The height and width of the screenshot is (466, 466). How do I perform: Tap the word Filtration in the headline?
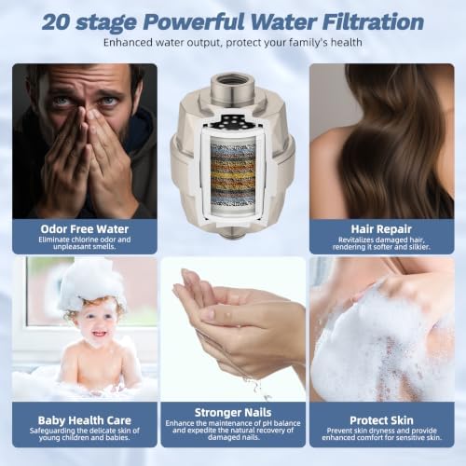pyautogui.click(x=373, y=22)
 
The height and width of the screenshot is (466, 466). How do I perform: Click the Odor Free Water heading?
pyautogui.click(x=85, y=229)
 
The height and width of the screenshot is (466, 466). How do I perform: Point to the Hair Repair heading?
pyautogui.click(x=381, y=229)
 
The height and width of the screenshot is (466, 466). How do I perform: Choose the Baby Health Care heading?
pyautogui.click(x=85, y=420)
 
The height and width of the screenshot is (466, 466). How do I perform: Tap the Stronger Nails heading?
pyautogui.click(x=233, y=412)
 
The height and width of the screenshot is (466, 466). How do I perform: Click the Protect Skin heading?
pyautogui.click(x=381, y=420)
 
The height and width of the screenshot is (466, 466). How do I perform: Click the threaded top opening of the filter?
pyautogui.click(x=232, y=82)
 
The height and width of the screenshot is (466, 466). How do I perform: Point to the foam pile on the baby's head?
pyautogui.click(x=90, y=281)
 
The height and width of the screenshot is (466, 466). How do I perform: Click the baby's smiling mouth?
pyautogui.click(x=100, y=334)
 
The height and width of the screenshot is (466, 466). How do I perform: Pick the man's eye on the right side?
pyautogui.click(x=109, y=101)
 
